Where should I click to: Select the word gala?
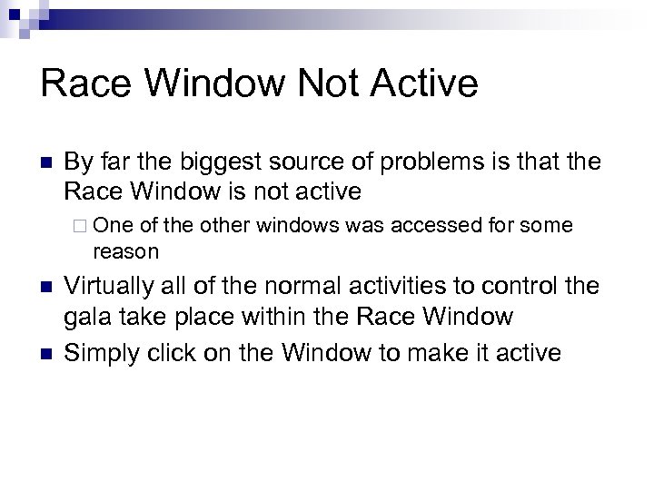tap(87, 318)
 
